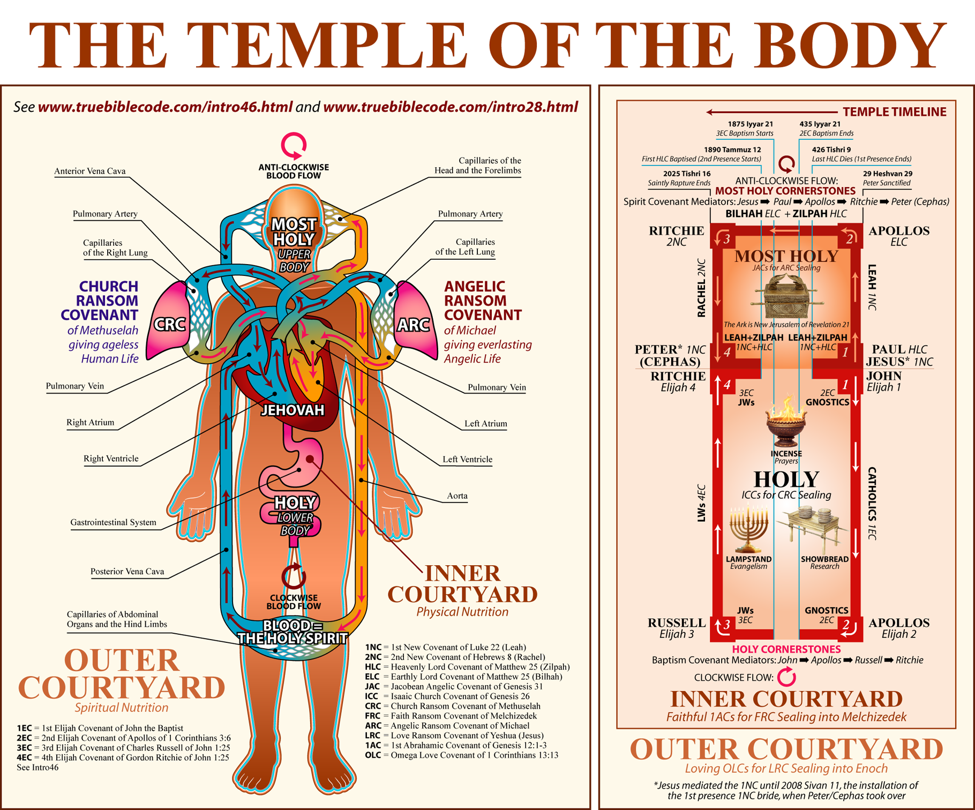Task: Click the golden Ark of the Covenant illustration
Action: [786, 296]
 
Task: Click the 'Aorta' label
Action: [457, 496]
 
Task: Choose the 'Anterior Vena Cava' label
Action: [90, 171]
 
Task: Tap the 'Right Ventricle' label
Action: [111, 459]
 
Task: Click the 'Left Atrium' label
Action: [485, 424]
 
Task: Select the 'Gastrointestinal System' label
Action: [113, 522]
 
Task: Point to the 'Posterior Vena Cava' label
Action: [127, 572]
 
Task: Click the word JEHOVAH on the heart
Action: [292, 410]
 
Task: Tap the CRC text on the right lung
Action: [170, 325]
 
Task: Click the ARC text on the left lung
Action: [413, 325]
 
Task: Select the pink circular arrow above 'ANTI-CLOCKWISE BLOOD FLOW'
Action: [294, 145]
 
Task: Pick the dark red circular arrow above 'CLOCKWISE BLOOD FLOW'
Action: [294, 577]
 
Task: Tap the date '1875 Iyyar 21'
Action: [750, 124]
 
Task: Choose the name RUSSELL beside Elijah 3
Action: [677, 623]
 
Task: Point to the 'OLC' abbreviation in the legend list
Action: [373, 755]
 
